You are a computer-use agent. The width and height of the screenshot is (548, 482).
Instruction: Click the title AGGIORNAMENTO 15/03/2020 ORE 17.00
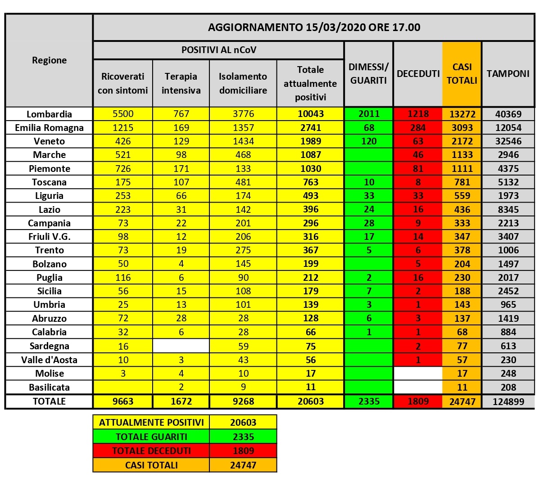(314, 27)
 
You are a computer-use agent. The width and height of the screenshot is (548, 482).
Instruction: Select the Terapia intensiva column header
(181, 83)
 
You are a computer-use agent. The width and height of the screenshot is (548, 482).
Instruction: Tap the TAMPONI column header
(508, 73)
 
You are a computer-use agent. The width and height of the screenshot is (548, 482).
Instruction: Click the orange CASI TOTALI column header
(462, 73)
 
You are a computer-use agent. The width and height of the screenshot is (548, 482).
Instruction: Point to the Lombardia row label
(49, 114)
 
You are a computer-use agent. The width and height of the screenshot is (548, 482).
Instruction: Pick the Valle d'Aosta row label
(49, 360)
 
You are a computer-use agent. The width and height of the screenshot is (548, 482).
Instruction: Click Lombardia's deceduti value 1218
(418, 114)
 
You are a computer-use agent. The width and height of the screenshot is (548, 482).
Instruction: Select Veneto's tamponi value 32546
(508, 141)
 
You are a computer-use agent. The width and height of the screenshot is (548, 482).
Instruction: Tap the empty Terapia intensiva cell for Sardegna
(181, 346)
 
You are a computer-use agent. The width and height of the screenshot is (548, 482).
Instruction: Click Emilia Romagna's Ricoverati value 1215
(123, 128)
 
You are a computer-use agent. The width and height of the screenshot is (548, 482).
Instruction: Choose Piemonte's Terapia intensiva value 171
(181, 169)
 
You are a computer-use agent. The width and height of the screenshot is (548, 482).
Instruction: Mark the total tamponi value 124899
(508, 401)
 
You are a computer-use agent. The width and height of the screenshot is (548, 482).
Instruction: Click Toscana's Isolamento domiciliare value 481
(243, 182)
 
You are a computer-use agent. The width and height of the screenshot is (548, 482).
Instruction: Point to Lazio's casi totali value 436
(462, 210)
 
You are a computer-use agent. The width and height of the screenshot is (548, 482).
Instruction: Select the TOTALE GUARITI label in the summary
(151, 437)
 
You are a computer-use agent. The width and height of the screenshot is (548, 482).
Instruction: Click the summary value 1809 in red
(243, 450)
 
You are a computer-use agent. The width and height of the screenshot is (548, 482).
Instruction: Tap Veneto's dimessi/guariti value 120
(369, 141)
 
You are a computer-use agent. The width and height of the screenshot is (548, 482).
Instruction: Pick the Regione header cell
(49, 60)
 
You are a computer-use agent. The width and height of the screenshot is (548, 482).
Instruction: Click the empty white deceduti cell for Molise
(418, 373)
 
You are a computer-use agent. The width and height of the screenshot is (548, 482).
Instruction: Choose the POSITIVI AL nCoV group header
(219, 50)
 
